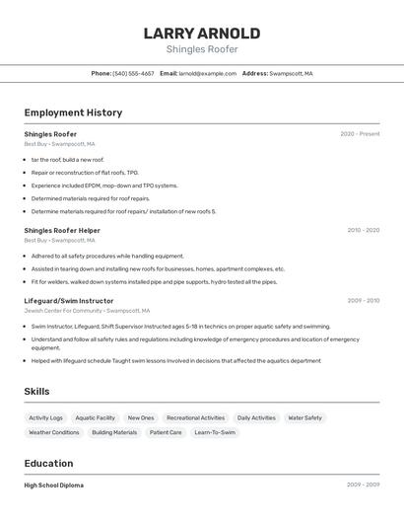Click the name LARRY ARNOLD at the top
(201, 33)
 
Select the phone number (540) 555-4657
(133, 73)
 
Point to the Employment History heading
(73, 112)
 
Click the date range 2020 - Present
(360, 134)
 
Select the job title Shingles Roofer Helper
(62, 230)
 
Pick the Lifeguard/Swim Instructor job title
(69, 301)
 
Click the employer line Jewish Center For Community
(87, 311)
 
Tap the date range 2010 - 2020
(363, 230)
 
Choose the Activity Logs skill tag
(45, 417)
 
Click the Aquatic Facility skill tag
(96, 417)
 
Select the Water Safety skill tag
(304, 417)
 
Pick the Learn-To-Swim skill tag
(215, 432)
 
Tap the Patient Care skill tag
(166, 432)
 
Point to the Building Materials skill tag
(114, 432)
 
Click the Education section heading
(48, 463)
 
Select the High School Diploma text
(53, 486)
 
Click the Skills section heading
(36, 392)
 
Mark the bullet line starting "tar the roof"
(67, 160)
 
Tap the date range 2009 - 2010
(363, 301)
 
